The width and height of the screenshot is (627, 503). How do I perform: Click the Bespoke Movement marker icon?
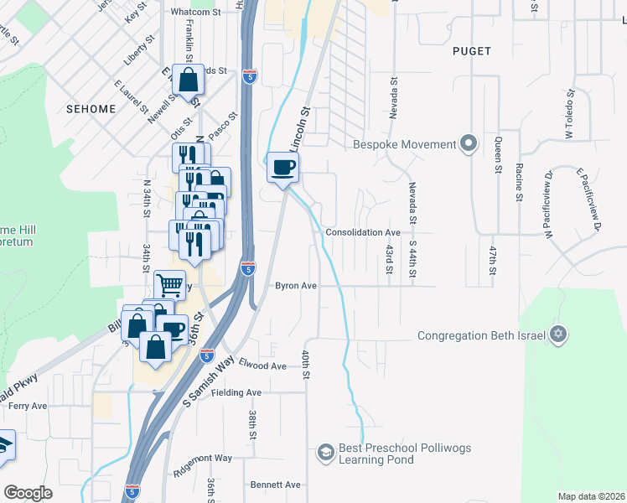pos(469,144)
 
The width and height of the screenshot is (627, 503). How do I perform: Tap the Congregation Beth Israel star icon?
pos(558,335)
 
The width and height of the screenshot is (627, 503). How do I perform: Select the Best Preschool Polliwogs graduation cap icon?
pos(324,454)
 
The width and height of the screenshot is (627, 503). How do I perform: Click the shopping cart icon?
pos(169,285)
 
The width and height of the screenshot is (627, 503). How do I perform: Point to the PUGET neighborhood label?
pos(471,51)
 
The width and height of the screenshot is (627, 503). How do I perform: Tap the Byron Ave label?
pos(296,286)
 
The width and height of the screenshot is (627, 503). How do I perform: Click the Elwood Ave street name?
pos(262,366)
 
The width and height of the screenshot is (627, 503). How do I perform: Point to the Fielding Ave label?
pos(236,392)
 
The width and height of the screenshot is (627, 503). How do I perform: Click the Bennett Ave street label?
pos(275,485)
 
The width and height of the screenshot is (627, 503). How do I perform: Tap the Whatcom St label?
pos(194,13)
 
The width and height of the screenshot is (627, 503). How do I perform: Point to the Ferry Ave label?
pos(28,406)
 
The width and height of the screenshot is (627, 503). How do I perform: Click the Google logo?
pos(28,492)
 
